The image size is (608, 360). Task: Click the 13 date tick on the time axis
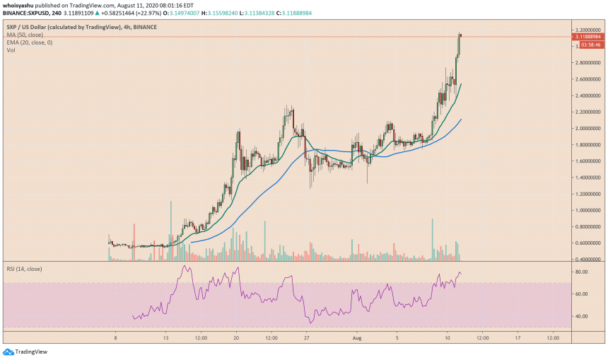tap(165, 338)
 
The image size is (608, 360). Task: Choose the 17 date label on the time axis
tap(518, 338)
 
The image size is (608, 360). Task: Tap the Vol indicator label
tap(11, 51)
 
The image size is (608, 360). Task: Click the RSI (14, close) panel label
tap(26, 269)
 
